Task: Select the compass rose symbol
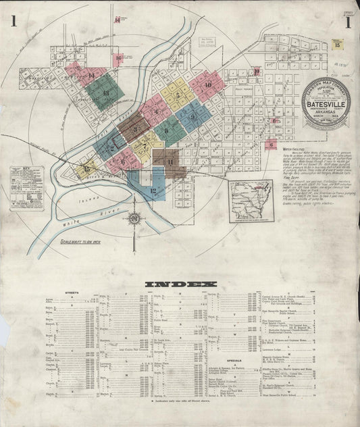[135, 218]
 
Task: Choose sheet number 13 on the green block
[105, 93]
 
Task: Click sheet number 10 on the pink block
[208, 85]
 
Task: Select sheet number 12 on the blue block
[153, 191]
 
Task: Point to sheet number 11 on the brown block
[170, 162]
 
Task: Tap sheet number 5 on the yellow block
[178, 95]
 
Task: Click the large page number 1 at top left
[14, 22]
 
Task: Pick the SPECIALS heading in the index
[234, 360]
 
